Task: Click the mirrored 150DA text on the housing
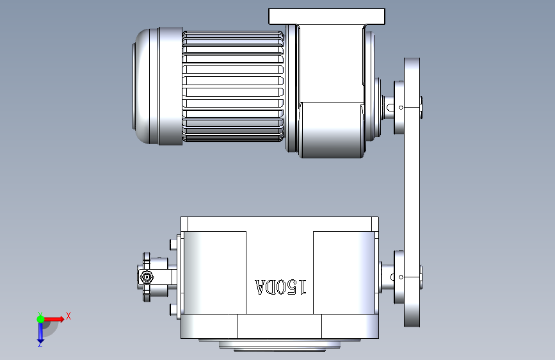tap(280, 287)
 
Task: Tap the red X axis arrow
tap(53, 319)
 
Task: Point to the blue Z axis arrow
tap(40, 332)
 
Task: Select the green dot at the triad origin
tap(41, 319)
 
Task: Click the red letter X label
tap(68, 316)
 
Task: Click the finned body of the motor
tap(233, 86)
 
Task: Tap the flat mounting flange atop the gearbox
tap(326, 17)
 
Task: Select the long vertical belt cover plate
tap(412, 192)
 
